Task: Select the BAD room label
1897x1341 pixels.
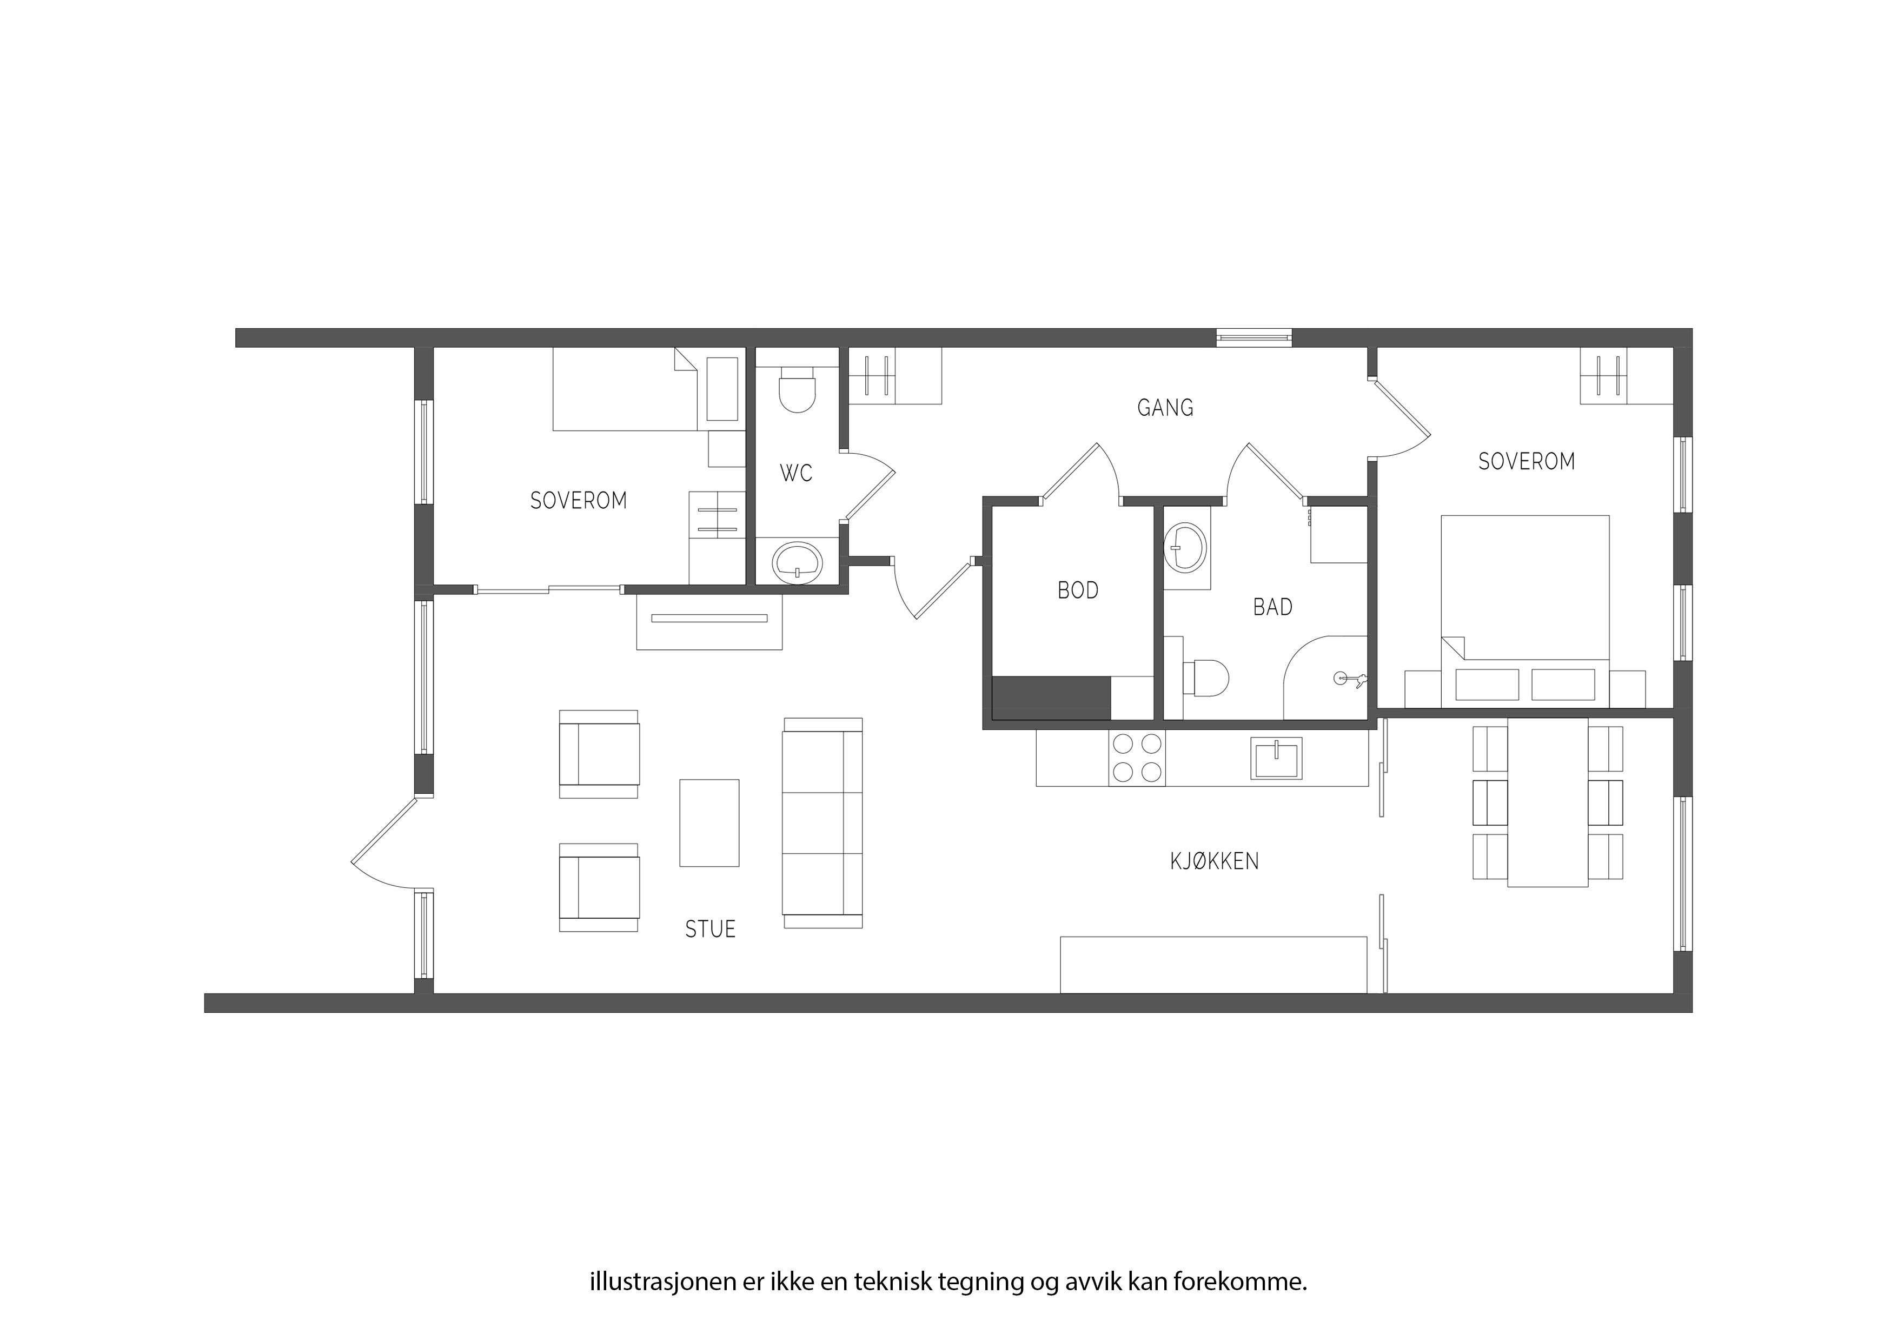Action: tap(1272, 607)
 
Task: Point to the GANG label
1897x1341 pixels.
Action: tap(1165, 407)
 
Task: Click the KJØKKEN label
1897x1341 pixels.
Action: tap(1213, 862)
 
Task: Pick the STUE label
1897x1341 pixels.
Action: tap(709, 930)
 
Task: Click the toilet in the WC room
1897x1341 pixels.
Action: tap(797, 390)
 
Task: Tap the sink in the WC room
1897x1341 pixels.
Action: tap(797, 562)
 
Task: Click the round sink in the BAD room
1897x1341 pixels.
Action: tap(1185, 546)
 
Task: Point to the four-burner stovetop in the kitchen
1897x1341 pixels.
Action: tap(1137, 759)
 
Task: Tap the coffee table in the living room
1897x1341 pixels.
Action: tap(709, 823)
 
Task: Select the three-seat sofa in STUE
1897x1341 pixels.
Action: tap(822, 823)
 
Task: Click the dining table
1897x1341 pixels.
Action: tap(1547, 802)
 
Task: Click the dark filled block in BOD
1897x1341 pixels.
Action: tap(1051, 698)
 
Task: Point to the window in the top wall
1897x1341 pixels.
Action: tap(1253, 337)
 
